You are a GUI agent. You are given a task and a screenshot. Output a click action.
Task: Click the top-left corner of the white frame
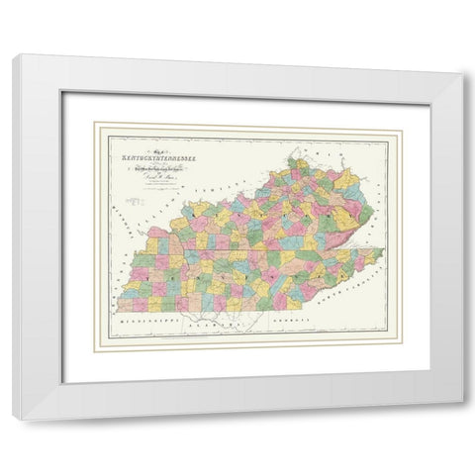click(x=13, y=55)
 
